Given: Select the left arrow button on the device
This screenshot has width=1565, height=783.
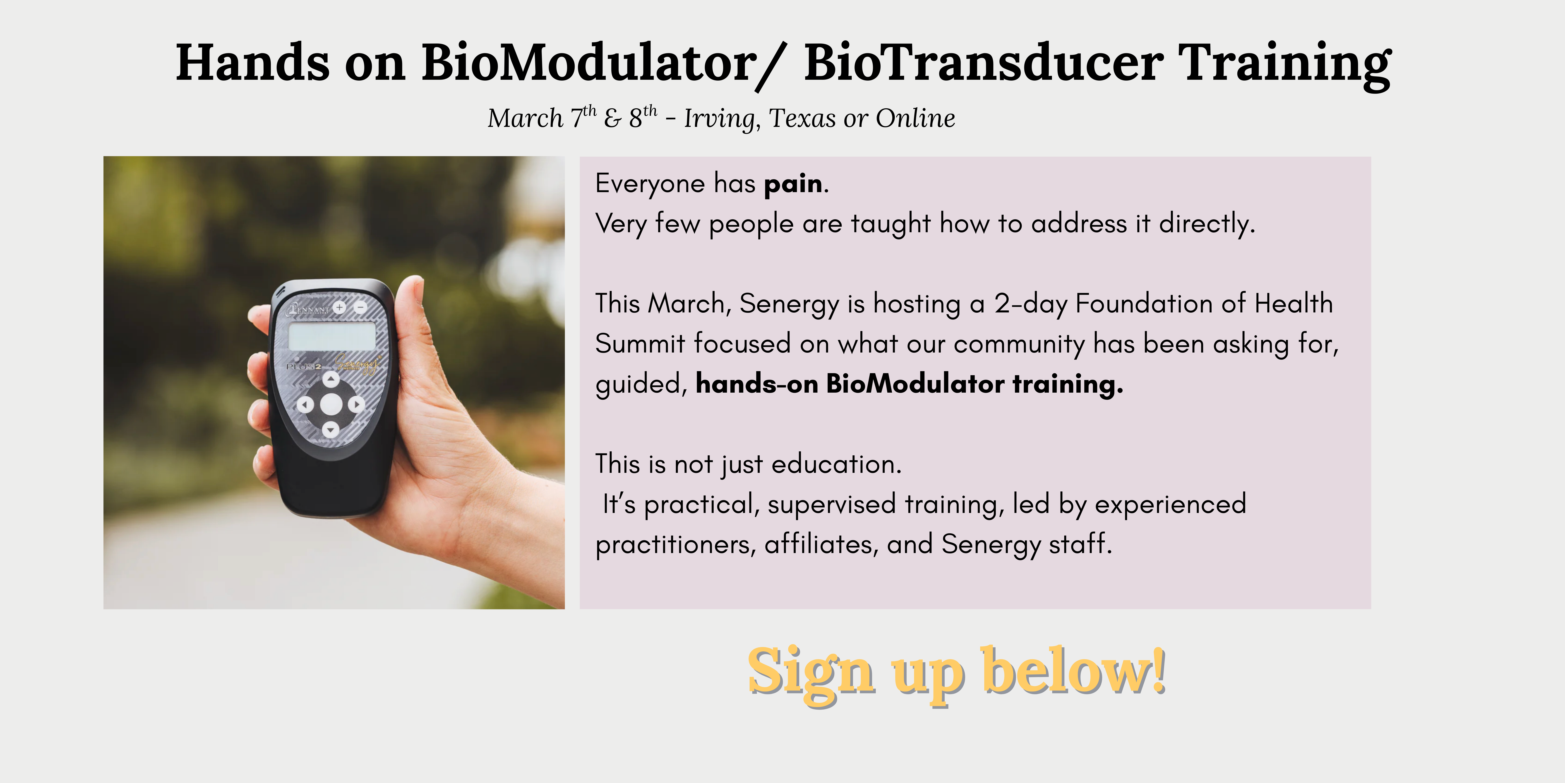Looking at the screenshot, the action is point(305,404).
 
